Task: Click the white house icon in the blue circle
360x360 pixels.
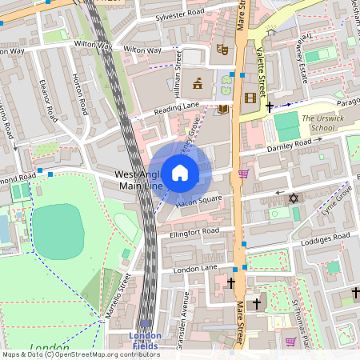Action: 180,172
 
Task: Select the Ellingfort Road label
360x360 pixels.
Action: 194,231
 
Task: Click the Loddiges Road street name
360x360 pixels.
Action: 325,239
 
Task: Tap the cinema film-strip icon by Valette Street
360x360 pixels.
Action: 253,98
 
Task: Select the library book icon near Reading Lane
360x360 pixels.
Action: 223,109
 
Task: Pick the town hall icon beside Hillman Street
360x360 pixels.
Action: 197,82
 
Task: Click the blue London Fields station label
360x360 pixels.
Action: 146,340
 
